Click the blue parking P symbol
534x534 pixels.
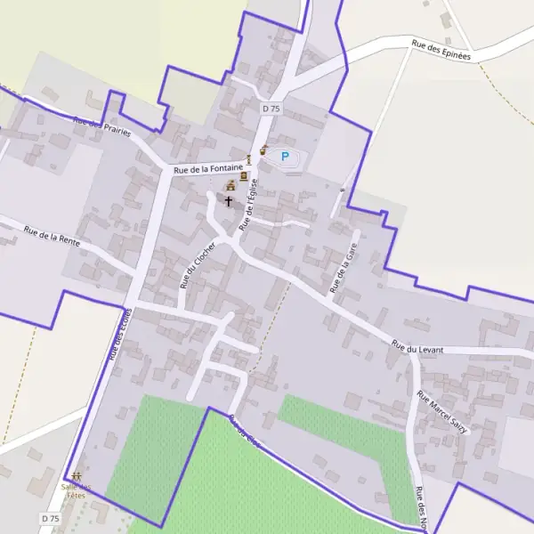[285, 157]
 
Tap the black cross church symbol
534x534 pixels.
[229, 201]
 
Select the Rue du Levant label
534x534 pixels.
[417, 348]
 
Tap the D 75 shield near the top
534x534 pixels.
[271, 108]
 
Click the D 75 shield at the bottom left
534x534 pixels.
[50, 518]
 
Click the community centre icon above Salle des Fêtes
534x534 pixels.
[77, 477]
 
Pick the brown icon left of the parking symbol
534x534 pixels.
[263, 150]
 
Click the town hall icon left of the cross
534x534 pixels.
[230, 186]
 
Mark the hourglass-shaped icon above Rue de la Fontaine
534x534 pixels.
[249, 158]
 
